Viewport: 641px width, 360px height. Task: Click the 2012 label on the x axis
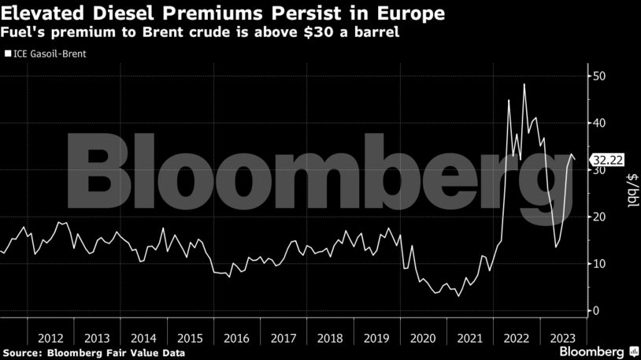click(x=50, y=338)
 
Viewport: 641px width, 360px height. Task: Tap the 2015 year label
click(x=190, y=338)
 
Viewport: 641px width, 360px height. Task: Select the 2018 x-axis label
click(x=330, y=338)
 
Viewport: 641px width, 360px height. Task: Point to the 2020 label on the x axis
click(x=423, y=338)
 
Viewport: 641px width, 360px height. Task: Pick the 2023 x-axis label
click(x=562, y=338)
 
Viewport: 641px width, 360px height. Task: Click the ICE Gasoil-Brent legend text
click(x=49, y=54)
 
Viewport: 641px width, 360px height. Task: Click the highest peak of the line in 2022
click(x=524, y=84)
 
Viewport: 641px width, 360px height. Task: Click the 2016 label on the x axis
click(x=236, y=338)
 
